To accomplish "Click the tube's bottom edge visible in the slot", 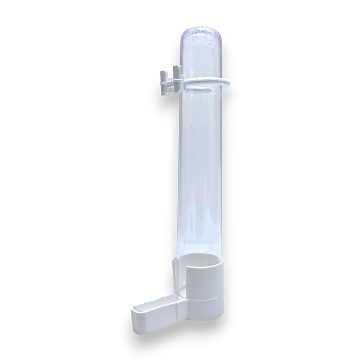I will point(182,295).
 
